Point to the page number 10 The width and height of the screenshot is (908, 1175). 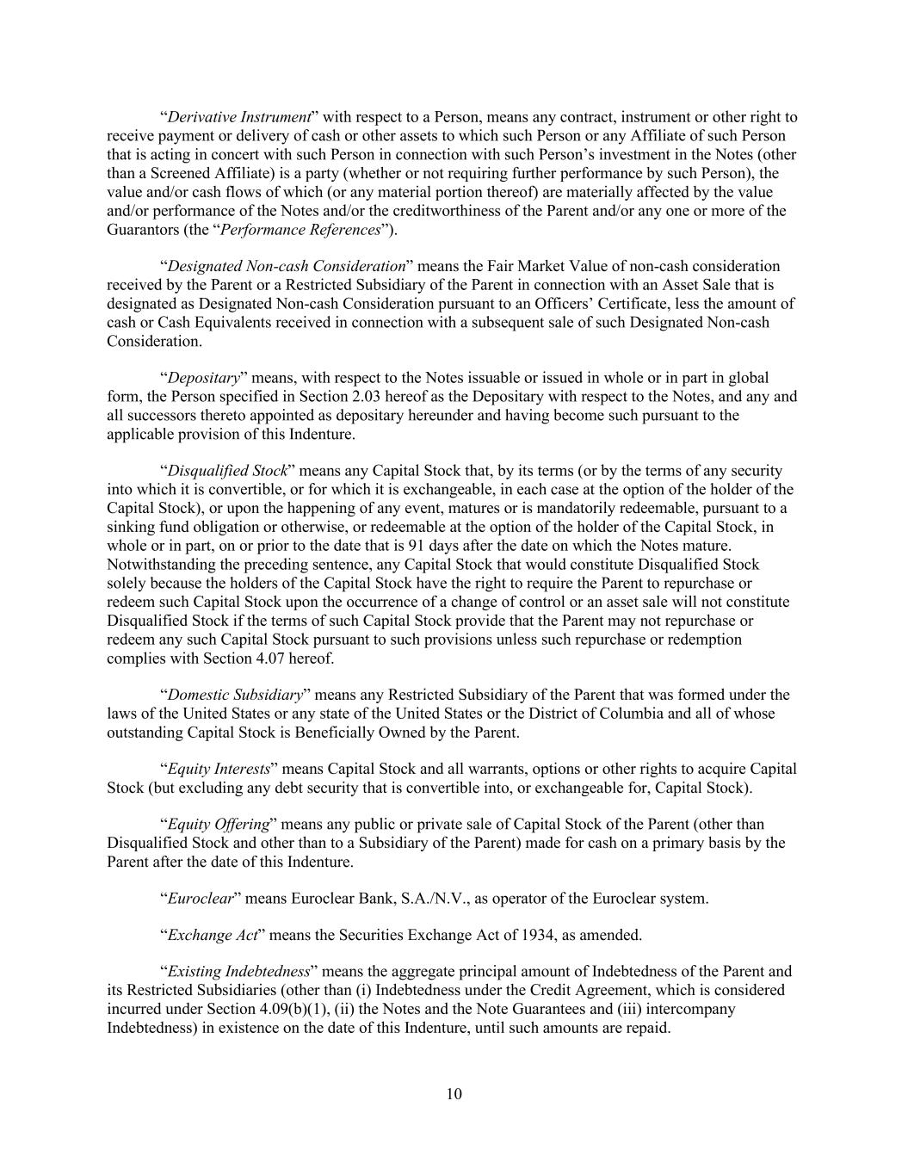click(x=454, y=1094)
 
